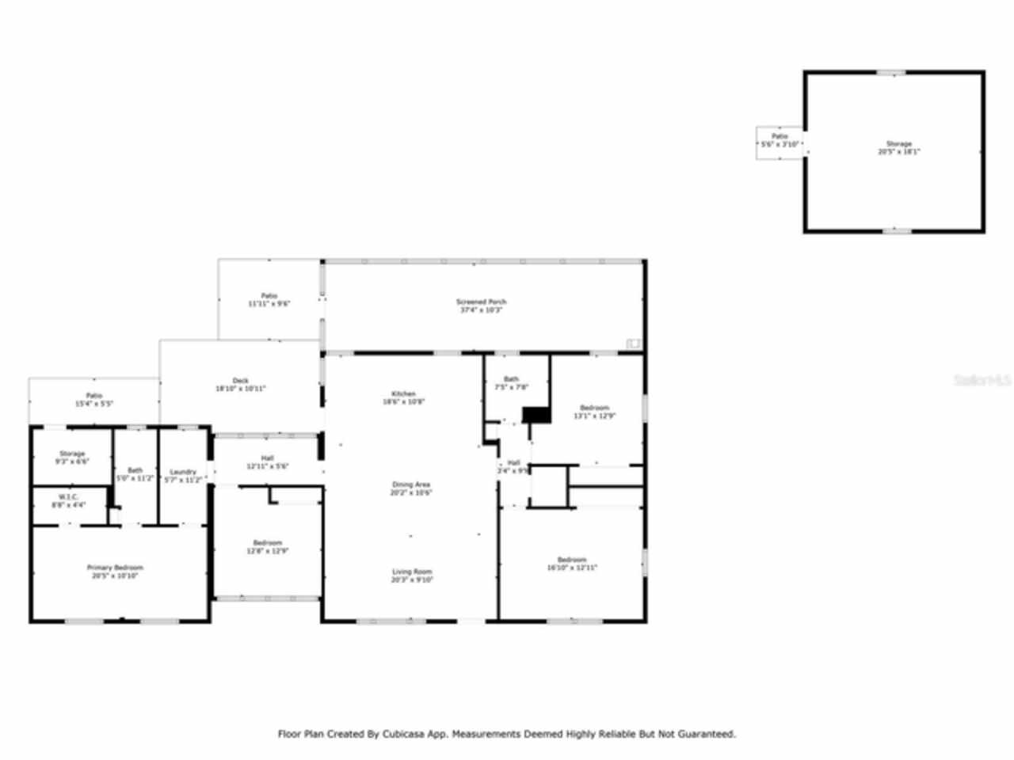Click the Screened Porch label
481,306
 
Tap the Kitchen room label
403,397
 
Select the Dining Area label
410,488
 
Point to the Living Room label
412,576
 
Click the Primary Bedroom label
115,572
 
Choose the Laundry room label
183,476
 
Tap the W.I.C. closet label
68,501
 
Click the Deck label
240,385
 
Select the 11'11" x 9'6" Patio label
269,300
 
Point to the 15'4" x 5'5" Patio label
93,400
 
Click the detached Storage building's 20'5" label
898,148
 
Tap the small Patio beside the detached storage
780,141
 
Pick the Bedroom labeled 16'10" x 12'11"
571,564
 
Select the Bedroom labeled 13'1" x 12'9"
594,412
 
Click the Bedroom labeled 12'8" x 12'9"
268,547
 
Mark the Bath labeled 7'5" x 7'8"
511,383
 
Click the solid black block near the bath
536,415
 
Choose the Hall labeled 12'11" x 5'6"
267,462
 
